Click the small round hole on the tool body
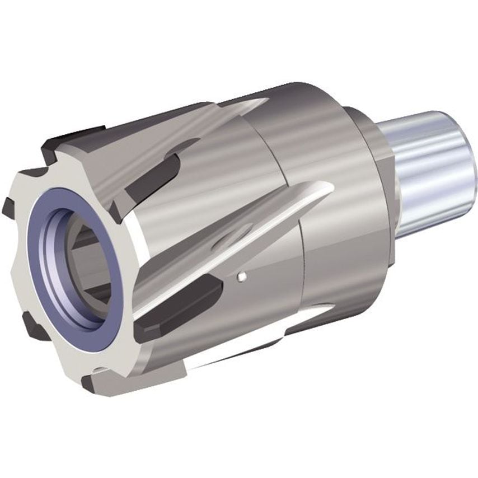coord(241,275)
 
